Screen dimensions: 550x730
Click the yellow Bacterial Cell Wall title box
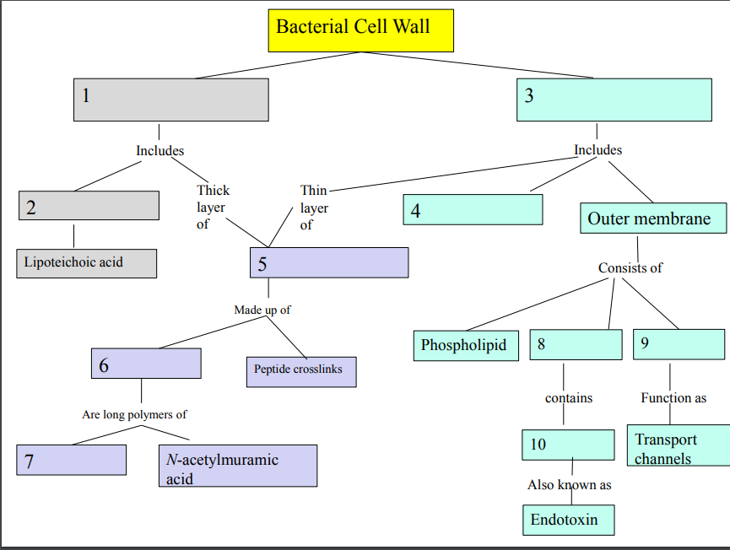360,30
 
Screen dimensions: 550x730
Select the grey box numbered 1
171,100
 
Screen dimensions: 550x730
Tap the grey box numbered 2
89,206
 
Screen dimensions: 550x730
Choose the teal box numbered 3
614,100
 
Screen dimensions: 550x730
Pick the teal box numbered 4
473,209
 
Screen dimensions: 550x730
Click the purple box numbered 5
329,262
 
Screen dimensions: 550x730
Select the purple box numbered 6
146,364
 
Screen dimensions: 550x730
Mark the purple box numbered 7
72,460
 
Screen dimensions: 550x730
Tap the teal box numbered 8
576,344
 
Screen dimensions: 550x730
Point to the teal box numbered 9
679,344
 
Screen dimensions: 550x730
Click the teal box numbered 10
568,445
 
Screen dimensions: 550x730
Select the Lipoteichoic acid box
86,262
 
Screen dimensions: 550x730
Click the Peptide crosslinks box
300,371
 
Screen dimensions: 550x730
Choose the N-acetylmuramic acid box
238,466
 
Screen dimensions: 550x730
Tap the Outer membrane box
653,218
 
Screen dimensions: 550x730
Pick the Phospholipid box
466,346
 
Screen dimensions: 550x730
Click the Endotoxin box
568,520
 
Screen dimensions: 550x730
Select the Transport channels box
679,446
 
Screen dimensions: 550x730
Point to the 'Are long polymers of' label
134,414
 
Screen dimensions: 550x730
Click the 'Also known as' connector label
569,485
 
